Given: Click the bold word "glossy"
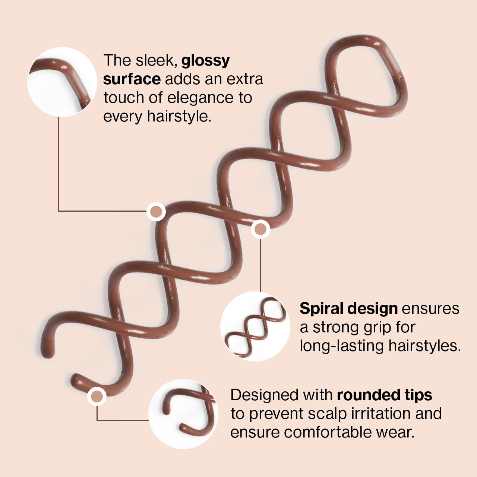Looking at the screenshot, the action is pyautogui.click(x=205, y=61).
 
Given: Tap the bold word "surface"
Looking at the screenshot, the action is pyautogui.click(x=132, y=79).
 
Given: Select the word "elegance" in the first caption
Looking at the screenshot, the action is pyautogui.click(x=200, y=98).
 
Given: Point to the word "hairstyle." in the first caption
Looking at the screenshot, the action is pyautogui.click(x=179, y=116).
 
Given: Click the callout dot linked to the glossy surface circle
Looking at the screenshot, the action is pyautogui.click(x=156, y=212).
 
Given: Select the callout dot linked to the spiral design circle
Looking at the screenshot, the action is pyautogui.click(x=260, y=229).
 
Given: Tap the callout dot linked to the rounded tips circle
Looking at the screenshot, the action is pyautogui.click(x=97, y=396).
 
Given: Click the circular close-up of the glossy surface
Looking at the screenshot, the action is pyautogui.click(x=62, y=82).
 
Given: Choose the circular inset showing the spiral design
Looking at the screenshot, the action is pyautogui.click(x=255, y=326).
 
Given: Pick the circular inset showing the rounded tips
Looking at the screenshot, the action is pyautogui.click(x=183, y=414).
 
